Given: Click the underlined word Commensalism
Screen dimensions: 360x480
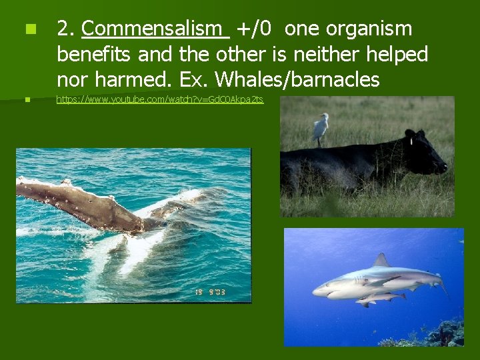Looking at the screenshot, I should point(155,29).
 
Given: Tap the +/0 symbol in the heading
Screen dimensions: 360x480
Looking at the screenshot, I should point(254,29).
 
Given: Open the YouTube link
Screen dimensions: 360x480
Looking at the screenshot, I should point(160,99).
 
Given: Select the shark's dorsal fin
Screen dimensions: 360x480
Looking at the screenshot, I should point(381,260).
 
